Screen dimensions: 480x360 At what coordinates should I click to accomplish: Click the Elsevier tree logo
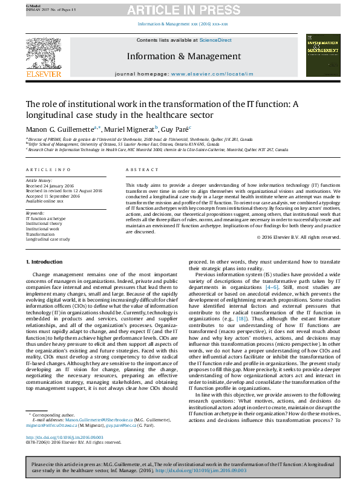point(43,55)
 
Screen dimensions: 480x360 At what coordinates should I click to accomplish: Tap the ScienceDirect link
point(215,40)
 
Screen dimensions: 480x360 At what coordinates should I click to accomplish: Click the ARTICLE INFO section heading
point(48,170)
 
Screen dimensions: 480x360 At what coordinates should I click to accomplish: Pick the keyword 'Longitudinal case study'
point(48,239)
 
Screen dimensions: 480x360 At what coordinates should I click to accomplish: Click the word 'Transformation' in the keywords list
point(41,234)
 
